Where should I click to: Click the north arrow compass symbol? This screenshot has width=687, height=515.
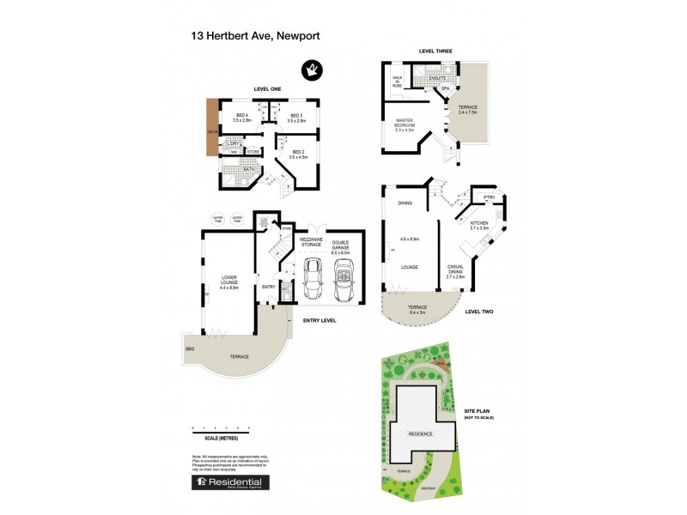click(310, 70)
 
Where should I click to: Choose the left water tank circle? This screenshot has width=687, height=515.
click(218, 220)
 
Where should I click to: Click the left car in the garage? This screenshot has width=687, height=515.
click(313, 279)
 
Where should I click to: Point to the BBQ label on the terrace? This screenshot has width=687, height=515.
click(189, 348)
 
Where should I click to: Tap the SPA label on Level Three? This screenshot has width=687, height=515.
click(446, 88)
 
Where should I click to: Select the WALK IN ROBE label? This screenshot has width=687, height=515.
click(398, 83)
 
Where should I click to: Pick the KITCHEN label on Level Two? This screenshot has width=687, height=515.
click(479, 225)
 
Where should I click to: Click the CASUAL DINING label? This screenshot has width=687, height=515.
click(455, 273)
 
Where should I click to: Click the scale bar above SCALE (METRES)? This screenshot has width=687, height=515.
click(221, 427)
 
